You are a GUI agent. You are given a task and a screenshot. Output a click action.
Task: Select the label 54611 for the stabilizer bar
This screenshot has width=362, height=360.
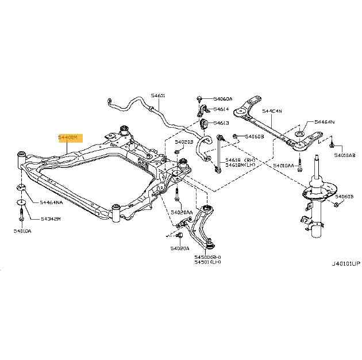tap(158, 95)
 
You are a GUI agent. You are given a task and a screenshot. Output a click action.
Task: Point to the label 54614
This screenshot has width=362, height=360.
tap(221, 109)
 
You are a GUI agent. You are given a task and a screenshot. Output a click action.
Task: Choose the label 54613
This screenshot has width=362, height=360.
tap(221, 122)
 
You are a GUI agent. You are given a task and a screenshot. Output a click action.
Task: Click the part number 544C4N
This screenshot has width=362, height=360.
tap(272, 111)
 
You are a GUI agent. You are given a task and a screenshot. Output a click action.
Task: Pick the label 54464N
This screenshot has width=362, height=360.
tap(325, 122)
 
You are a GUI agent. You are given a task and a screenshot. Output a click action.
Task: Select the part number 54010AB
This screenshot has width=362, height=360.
tap(345, 156)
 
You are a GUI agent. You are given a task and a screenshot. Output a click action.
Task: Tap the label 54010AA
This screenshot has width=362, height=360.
tap(283, 166)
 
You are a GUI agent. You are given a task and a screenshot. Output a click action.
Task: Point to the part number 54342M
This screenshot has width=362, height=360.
tap(51, 219)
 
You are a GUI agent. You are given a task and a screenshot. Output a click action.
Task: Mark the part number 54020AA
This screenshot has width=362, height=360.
tap(181, 212)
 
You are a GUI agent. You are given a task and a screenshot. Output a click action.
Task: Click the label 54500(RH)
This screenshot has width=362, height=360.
tap(207, 256)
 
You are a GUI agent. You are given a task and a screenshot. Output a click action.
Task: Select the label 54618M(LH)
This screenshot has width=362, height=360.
tap(240, 165)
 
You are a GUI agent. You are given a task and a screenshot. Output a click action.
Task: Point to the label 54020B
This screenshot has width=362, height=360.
tap(184, 141)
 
